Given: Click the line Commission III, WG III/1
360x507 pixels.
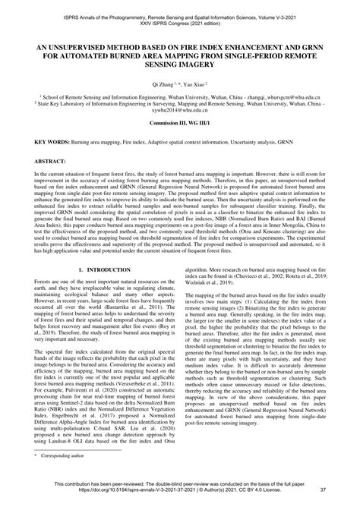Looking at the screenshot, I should coord(179,124).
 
